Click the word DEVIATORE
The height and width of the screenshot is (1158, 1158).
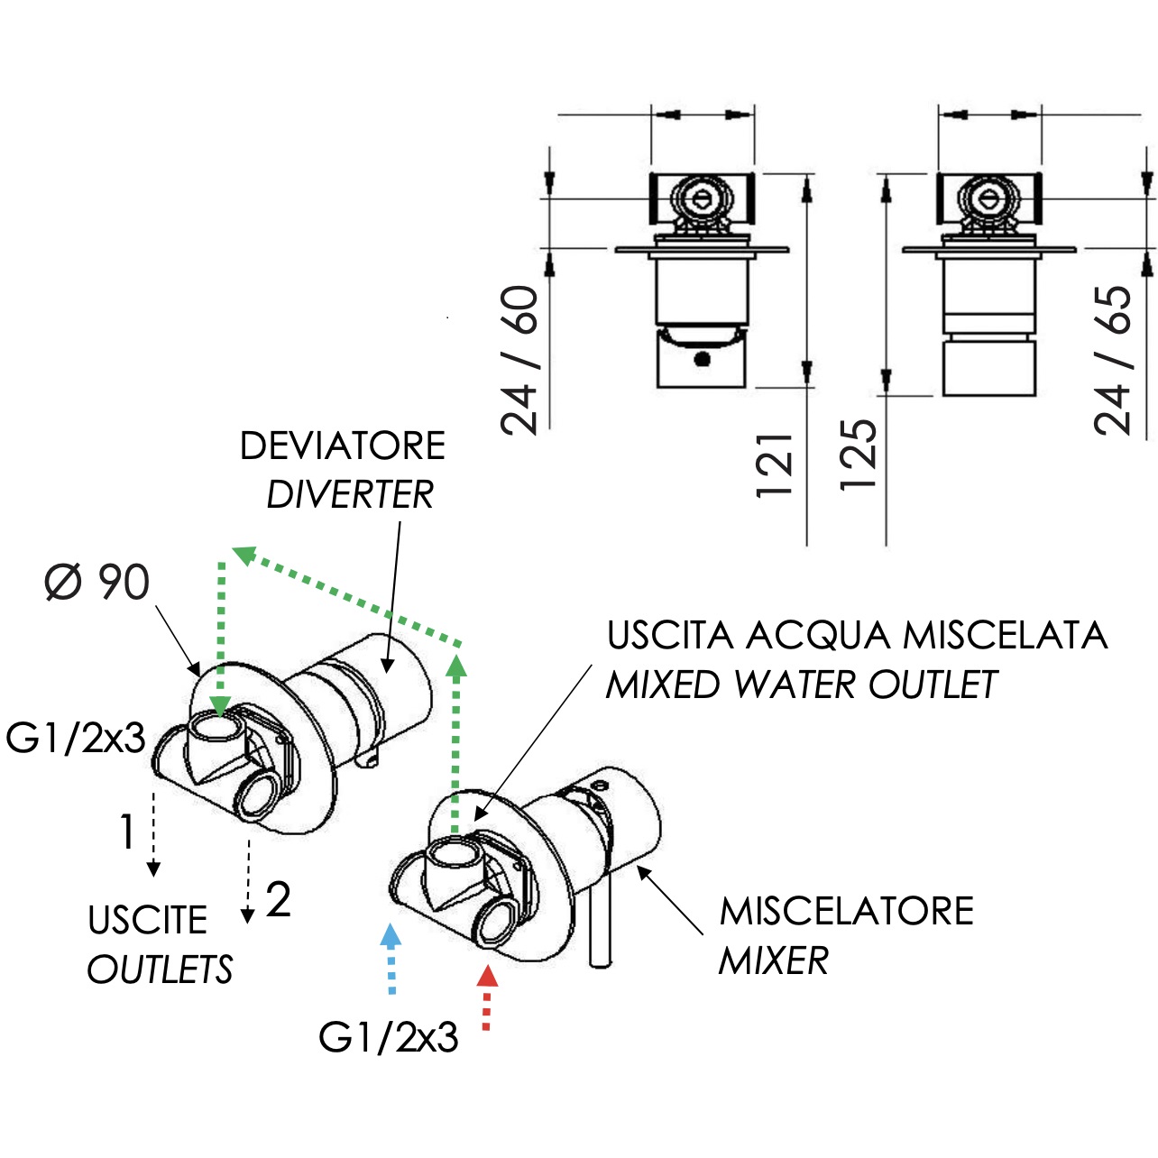coord(343,446)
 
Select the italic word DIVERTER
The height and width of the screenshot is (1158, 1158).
coord(350,495)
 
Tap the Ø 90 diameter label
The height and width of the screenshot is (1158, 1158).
coord(97,582)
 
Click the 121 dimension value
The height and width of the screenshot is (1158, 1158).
coord(776,465)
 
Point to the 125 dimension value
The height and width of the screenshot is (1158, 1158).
coord(859,455)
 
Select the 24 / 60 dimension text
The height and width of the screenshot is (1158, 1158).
coord(519,360)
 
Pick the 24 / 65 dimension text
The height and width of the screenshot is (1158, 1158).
coord(1112,360)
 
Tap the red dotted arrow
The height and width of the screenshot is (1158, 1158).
coord(487,998)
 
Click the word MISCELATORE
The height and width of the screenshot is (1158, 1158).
coord(847,912)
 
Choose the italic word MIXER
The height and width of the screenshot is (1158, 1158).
coord(774,960)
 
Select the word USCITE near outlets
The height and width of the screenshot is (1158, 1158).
coord(148,920)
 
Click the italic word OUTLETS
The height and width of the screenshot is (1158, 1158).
coord(160,970)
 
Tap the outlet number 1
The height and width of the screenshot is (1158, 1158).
coord(127,832)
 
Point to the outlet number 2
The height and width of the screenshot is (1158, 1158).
coord(278,900)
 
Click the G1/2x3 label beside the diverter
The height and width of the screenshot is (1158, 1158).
coord(76,738)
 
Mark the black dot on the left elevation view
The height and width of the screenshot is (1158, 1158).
coord(702,359)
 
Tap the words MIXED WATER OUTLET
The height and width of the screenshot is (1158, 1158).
coord(802,685)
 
